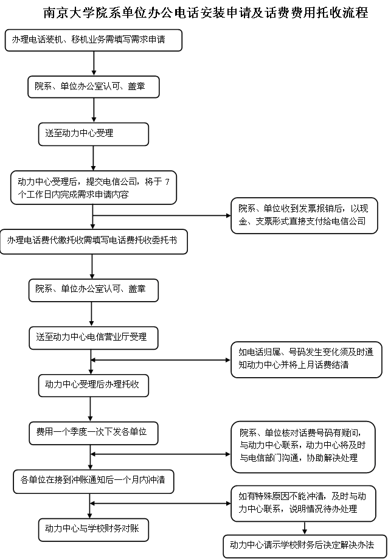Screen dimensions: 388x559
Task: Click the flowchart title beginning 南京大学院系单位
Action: tap(206, 13)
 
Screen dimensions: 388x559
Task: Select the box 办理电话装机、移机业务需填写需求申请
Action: tap(93, 40)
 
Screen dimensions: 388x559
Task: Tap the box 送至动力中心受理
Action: tap(93, 134)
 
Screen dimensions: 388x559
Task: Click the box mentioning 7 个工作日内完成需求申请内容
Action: tap(93, 188)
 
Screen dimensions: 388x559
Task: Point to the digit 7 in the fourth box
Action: tap(167, 182)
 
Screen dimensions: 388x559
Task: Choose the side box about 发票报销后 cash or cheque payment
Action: tap(304, 216)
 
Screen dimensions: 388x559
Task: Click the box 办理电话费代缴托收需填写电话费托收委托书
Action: tap(93, 241)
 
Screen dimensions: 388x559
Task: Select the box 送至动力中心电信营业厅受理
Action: tap(93, 338)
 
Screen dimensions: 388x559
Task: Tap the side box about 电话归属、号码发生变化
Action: tap(307, 359)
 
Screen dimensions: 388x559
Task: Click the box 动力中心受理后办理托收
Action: tap(93, 386)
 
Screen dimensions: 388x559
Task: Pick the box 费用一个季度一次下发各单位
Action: tap(93, 433)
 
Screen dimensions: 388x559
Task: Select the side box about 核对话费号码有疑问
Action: tap(303, 447)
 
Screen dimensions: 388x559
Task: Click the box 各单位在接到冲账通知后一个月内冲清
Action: tap(93, 481)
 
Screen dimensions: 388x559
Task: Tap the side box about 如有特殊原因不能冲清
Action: tap(303, 504)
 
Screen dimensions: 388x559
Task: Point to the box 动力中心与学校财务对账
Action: tap(93, 530)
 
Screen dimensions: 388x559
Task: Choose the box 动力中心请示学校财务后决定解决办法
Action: tap(304, 546)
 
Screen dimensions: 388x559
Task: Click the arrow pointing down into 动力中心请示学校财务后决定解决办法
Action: tap(305, 528)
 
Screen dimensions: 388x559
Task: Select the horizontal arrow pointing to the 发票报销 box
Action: tap(162, 215)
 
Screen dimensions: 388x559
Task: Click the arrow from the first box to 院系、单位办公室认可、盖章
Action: tap(94, 63)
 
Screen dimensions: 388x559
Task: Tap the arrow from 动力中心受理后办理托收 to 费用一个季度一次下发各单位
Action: tap(91, 409)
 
